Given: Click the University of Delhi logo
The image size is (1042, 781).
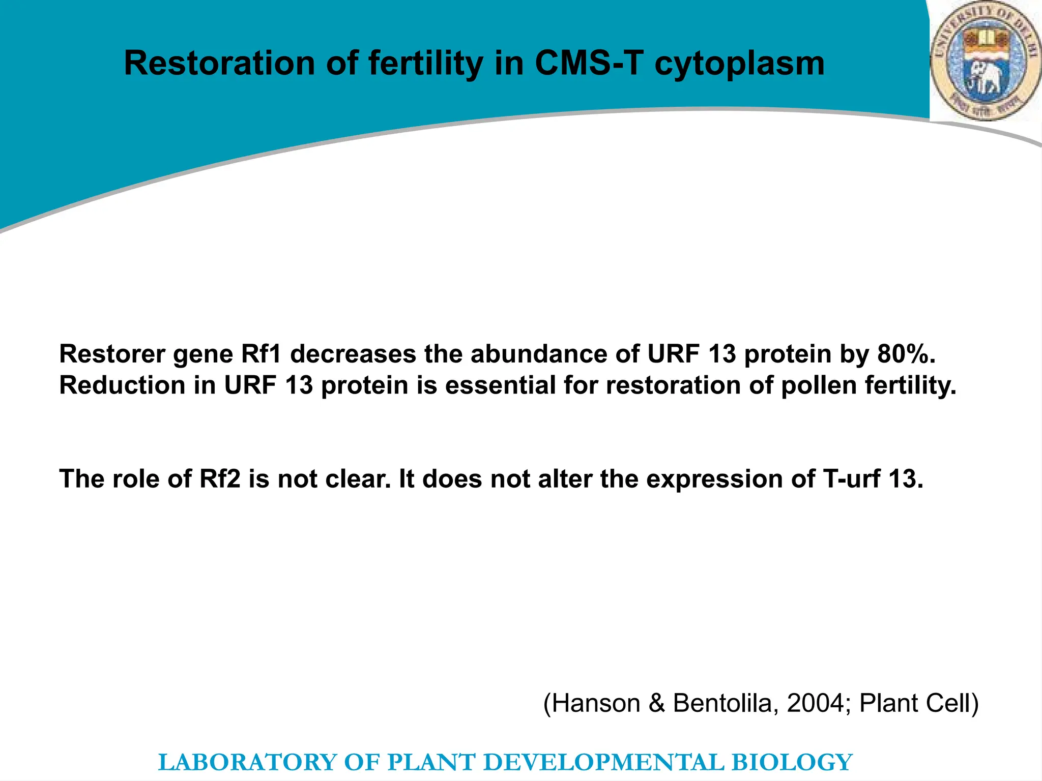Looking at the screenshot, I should pos(985,61).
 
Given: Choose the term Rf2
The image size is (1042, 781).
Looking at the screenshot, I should pos(220,479).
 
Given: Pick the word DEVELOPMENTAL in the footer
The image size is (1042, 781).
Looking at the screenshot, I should pos(603,762).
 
